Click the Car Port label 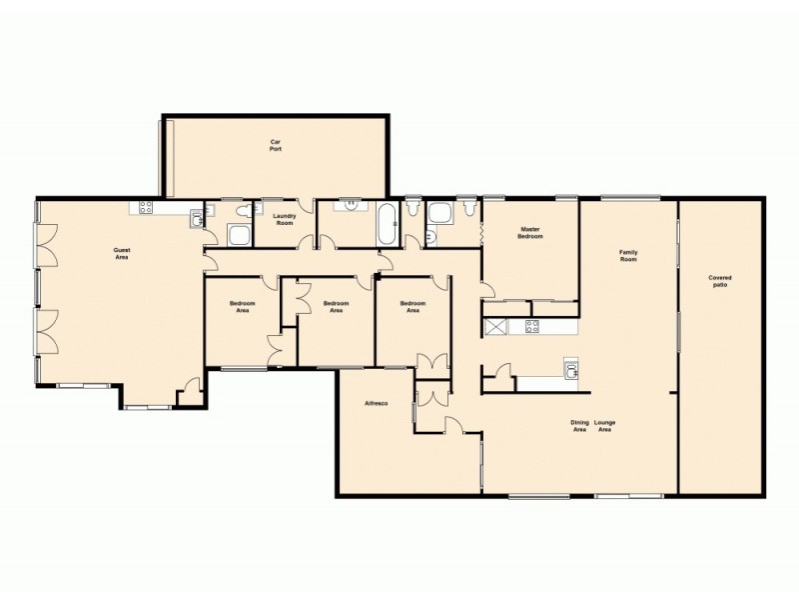275,146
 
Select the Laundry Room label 284,219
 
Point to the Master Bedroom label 530,233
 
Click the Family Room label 628,255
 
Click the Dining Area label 579,425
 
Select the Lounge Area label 605,425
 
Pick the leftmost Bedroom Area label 242,307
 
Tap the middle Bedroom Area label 337,307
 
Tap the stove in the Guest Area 146,209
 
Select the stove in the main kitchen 532,325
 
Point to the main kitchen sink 570,369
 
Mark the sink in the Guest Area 197,212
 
